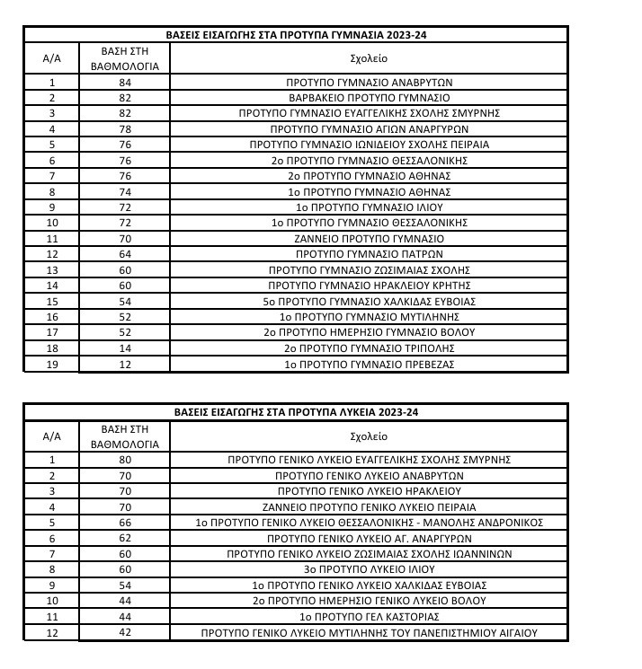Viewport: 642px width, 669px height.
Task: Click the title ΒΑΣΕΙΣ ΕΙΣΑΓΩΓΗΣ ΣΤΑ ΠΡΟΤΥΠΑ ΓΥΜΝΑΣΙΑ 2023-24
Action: pyautogui.click(x=296, y=36)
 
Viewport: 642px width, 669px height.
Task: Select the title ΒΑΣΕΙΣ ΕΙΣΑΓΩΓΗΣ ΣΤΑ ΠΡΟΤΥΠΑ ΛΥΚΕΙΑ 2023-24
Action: pyautogui.click(x=296, y=412)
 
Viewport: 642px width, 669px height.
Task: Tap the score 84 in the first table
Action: pyautogui.click(x=124, y=83)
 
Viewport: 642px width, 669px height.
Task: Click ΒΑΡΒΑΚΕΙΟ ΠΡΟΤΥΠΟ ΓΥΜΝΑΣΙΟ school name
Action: pyautogui.click(x=368, y=98)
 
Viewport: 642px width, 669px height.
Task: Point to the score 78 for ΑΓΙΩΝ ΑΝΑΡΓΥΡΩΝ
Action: pyautogui.click(x=124, y=129)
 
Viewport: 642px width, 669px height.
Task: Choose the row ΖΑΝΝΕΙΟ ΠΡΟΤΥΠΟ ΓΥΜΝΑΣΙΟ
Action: pyautogui.click(x=368, y=239)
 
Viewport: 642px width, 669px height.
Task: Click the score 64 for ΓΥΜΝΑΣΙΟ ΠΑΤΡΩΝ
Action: pyautogui.click(x=124, y=255)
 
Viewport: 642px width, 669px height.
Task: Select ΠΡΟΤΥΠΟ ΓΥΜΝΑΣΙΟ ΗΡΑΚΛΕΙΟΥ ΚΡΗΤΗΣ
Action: pyautogui.click(x=368, y=286)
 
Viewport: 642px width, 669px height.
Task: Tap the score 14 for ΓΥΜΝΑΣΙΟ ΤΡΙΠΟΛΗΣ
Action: pyautogui.click(x=124, y=348)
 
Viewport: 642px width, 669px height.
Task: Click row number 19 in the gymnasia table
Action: pyautogui.click(x=52, y=364)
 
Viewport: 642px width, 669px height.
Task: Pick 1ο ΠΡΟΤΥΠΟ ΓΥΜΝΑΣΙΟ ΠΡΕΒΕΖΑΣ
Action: pyautogui.click(x=368, y=364)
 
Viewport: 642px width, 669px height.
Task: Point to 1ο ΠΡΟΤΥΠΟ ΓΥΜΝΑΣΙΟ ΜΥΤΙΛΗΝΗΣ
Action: pyautogui.click(x=368, y=317)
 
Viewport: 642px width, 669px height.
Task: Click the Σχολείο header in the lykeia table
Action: pyautogui.click(x=368, y=436)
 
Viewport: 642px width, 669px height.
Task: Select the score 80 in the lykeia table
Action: pyautogui.click(x=124, y=459)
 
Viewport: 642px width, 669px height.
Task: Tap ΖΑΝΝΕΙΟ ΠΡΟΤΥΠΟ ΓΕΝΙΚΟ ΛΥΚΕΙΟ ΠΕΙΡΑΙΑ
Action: pyautogui.click(x=368, y=506)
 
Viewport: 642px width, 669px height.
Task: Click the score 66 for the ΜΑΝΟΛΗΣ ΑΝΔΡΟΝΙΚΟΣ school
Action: pyautogui.click(x=124, y=522)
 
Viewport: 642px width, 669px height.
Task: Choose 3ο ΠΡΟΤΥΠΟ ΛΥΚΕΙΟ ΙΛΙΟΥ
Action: pyautogui.click(x=368, y=568)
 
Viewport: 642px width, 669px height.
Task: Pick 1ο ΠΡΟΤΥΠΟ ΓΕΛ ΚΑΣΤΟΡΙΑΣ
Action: pyautogui.click(x=368, y=616)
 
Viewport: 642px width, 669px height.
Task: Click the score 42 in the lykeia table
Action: pyautogui.click(x=124, y=632)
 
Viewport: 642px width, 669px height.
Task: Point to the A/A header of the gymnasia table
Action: pyautogui.click(x=52, y=58)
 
